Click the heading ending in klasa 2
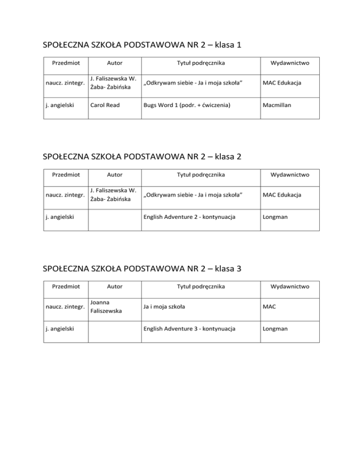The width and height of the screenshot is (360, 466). [x=142, y=157]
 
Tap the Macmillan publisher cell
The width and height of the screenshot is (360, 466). [x=277, y=105]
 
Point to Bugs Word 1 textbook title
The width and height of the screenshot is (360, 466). [x=187, y=105]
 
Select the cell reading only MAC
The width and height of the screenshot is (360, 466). [x=270, y=307]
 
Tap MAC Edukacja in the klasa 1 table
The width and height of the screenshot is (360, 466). [x=282, y=83]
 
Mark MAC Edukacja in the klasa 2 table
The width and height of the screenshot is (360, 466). [x=282, y=195]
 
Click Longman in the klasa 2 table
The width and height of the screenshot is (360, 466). [x=275, y=217]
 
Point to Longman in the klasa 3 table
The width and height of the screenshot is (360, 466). [x=275, y=329]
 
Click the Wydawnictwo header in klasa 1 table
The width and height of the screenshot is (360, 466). [x=290, y=63]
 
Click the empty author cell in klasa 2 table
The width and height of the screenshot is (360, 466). [x=115, y=217]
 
